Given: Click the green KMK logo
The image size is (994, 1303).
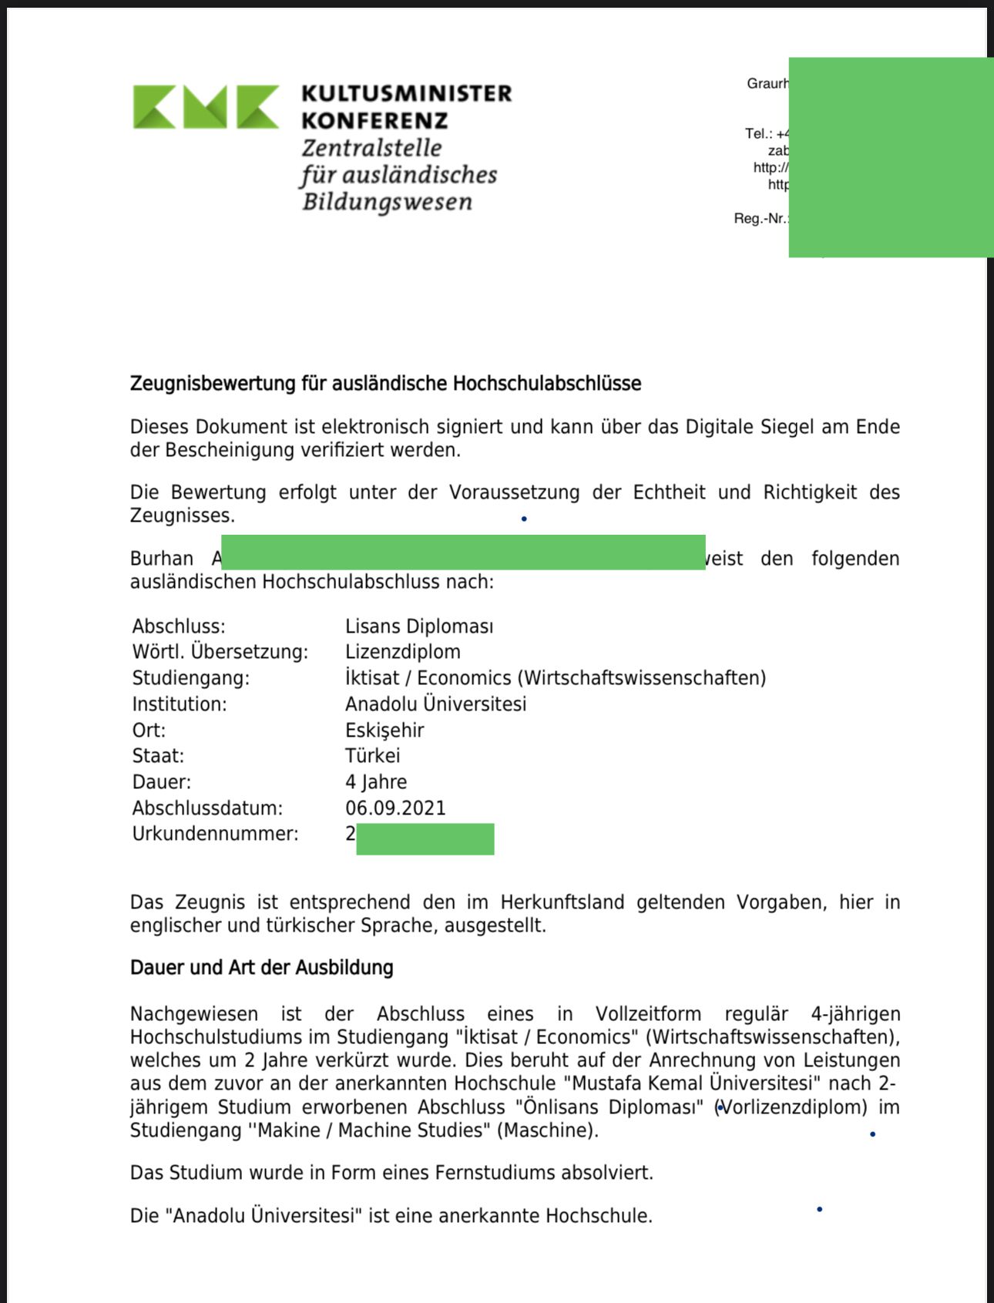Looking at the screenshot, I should pyautogui.click(x=206, y=106).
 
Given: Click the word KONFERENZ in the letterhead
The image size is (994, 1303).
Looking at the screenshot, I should pyautogui.click(x=374, y=121).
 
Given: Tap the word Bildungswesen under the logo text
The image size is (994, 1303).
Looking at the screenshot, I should pyautogui.click(x=387, y=202).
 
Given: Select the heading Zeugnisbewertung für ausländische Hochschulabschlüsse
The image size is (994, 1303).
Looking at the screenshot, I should pyautogui.click(x=385, y=383).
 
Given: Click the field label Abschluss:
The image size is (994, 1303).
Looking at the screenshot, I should pyautogui.click(x=179, y=626).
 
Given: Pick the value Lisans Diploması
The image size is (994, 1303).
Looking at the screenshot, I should pyautogui.click(x=419, y=626).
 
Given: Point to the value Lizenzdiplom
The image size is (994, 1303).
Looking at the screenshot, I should pyautogui.click(x=403, y=652).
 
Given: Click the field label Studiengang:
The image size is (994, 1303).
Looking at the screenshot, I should pyautogui.click(x=191, y=678).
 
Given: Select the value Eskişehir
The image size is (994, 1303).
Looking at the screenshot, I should pyautogui.click(x=385, y=730).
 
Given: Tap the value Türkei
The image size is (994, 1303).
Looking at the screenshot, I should pyautogui.click(x=373, y=756).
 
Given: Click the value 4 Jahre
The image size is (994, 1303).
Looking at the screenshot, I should pyautogui.click(x=376, y=781).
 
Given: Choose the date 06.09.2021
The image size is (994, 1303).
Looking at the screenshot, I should pyautogui.click(x=395, y=808).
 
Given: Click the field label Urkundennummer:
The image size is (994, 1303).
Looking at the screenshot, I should pyautogui.click(x=215, y=834).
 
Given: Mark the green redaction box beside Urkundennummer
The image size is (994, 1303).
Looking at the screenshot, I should pyautogui.click(x=425, y=838).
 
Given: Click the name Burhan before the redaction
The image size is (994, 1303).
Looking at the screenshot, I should pyautogui.click(x=161, y=558).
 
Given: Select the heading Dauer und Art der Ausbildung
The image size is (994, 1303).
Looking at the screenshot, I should pyautogui.click(x=262, y=967).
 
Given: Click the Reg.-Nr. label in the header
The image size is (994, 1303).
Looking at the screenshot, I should pyautogui.click(x=761, y=218).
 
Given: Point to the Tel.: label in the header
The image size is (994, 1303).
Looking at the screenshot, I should pyautogui.click(x=758, y=133).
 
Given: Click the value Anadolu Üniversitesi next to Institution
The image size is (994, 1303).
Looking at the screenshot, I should pyautogui.click(x=435, y=704).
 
